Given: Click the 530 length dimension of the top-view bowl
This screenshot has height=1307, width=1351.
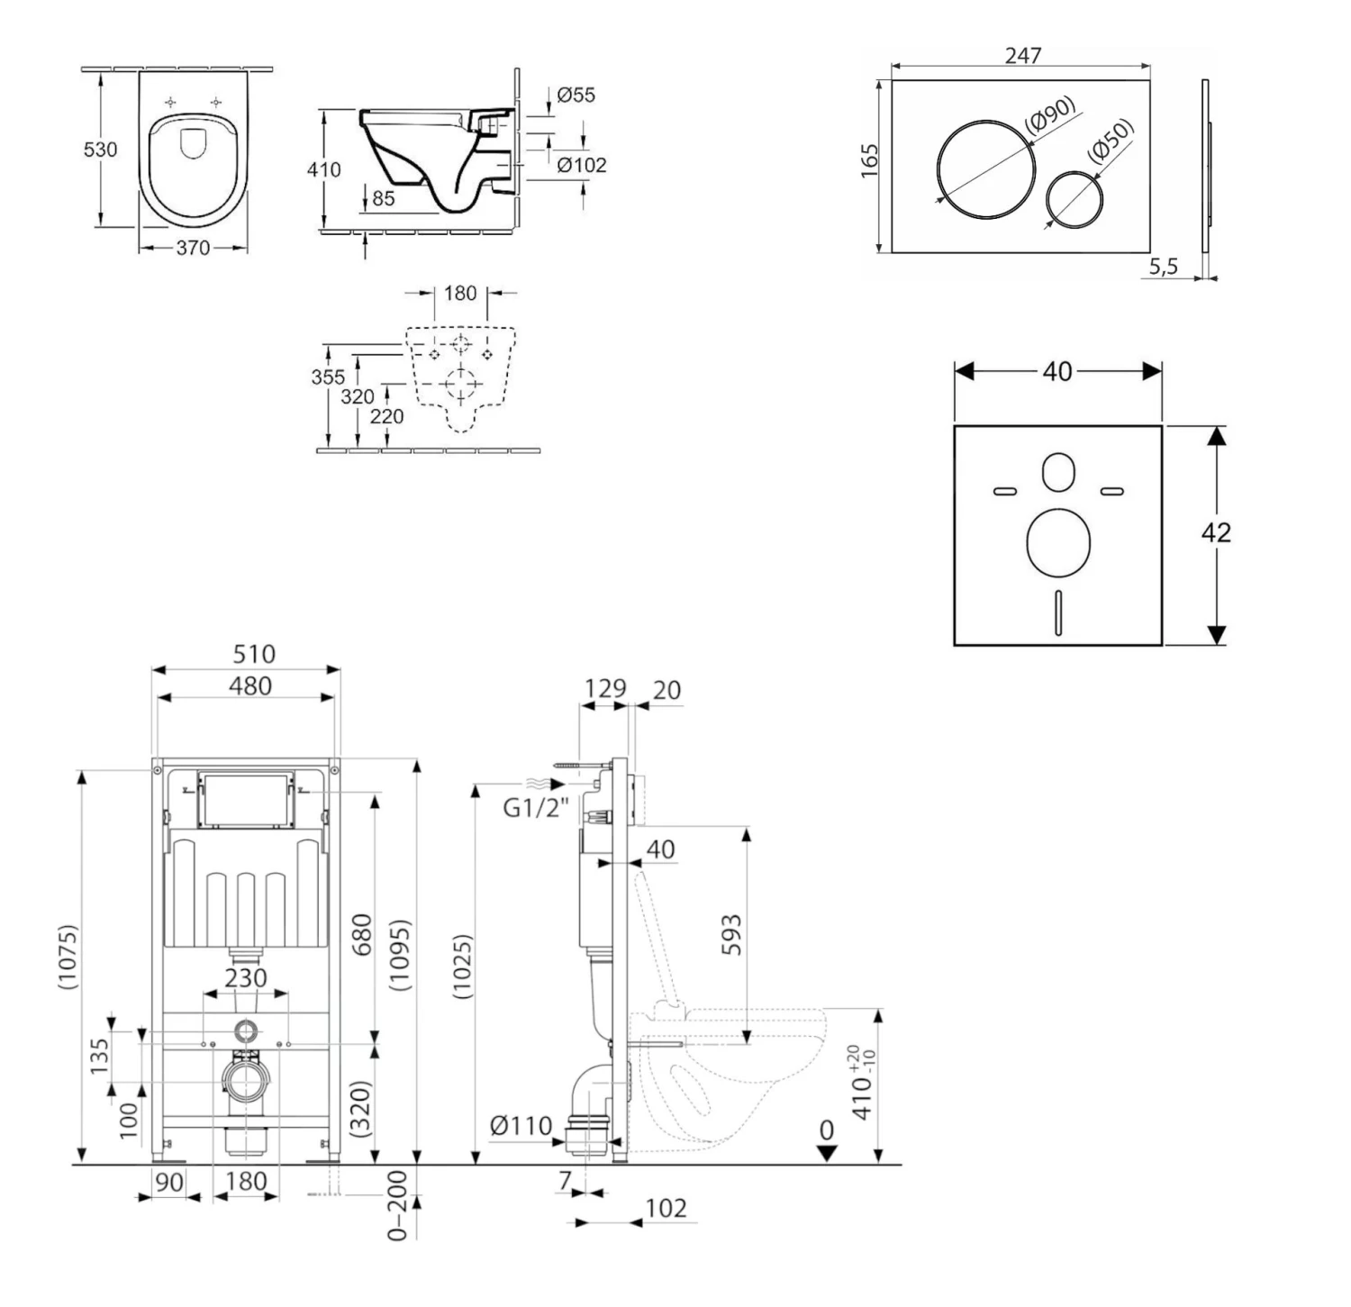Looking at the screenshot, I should click(x=100, y=150).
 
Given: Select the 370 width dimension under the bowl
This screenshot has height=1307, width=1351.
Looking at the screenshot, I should click(x=193, y=248).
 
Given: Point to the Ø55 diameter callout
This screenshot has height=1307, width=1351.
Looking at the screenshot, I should click(x=576, y=95).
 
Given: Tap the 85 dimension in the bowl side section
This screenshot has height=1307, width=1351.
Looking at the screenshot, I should click(x=383, y=198).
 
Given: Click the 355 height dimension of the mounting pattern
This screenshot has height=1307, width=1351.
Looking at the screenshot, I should click(x=328, y=377).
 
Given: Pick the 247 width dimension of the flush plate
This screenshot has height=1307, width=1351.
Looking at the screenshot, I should click(x=1023, y=55).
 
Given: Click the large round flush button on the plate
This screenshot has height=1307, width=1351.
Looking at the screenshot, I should click(x=986, y=168).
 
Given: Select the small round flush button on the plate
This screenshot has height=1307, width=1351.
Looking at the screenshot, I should click(x=1074, y=198).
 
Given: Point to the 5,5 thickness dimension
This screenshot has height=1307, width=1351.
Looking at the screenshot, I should click(x=1163, y=266).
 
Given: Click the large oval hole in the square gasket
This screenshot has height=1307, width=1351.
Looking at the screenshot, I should click(x=1058, y=542).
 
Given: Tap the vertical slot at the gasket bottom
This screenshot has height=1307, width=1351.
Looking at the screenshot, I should click(x=1058, y=612).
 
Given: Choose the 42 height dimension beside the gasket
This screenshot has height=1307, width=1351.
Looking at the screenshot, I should click(x=1216, y=532).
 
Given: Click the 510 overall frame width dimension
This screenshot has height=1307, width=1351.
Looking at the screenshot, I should click(x=253, y=653).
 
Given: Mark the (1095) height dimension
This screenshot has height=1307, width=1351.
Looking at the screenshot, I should click(x=400, y=955).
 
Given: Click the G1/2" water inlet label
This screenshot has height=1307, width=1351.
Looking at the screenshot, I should click(x=535, y=808).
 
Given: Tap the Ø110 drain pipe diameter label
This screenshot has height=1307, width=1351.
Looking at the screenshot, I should click(x=521, y=1125).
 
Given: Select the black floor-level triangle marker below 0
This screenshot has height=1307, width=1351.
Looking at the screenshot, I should click(x=826, y=1154).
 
